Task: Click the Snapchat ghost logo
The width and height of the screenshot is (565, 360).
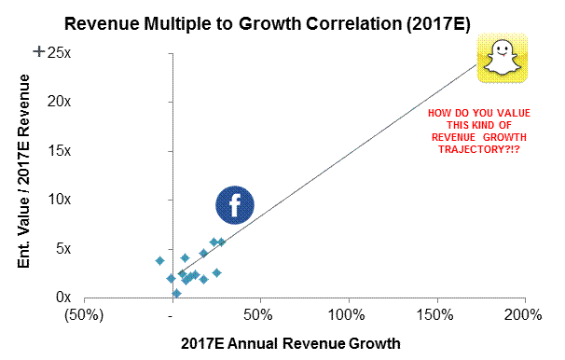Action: pos(503,58)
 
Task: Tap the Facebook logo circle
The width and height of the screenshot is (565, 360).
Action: pos(235,205)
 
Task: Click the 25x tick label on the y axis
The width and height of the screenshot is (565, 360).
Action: pos(59,53)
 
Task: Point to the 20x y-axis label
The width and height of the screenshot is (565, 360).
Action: pos(59,102)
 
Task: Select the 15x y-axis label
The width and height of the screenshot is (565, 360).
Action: pos(59,151)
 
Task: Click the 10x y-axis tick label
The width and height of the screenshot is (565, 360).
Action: pos(59,200)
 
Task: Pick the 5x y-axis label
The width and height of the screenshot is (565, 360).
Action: pos(63,248)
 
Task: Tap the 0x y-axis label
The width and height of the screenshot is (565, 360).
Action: pos(63,298)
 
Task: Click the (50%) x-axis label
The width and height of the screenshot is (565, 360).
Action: pos(84,315)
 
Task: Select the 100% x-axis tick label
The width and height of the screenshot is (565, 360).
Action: pos(346,315)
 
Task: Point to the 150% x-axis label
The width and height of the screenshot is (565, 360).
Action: pos(434,315)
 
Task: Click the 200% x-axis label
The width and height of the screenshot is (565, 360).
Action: pos(523,315)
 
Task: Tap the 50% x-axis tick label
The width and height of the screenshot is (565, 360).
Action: pos(258,315)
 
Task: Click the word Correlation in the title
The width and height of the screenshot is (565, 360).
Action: pos(354,24)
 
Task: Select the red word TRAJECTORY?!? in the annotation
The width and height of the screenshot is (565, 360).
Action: pos(479,149)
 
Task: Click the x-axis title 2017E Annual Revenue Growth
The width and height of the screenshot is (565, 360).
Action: pos(291,343)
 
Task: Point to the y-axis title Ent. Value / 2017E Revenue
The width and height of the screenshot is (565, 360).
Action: pos(24,172)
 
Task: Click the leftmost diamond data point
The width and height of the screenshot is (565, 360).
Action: pos(160,260)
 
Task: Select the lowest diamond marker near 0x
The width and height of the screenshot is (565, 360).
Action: pos(176,294)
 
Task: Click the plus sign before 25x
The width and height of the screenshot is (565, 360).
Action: pos(38,52)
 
